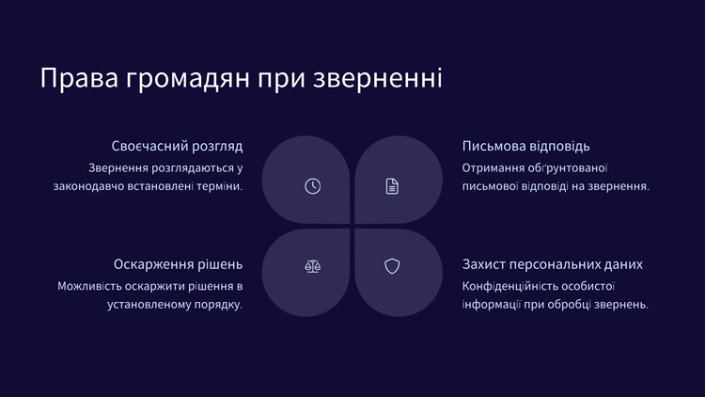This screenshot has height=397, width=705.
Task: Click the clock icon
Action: (x=312, y=186)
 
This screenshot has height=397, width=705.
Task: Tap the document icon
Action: (x=392, y=186)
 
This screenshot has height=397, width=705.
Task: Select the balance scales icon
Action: (x=312, y=266)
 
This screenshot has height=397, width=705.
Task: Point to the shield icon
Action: (x=392, y=266)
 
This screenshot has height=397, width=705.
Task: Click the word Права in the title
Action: (x=79, y=78)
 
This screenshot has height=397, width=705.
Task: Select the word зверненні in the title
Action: (x=378, y=79)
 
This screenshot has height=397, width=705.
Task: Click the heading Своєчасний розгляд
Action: (x=177, y=146)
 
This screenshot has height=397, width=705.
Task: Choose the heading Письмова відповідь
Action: (x=526, y=146)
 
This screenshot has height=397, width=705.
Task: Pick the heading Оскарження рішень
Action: (x=178, y=264)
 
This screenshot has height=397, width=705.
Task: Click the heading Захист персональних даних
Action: (x=553, y=264)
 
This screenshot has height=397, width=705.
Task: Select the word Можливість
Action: (x=89, y=286)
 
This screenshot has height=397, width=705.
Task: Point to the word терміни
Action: (x=219, y=186)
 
